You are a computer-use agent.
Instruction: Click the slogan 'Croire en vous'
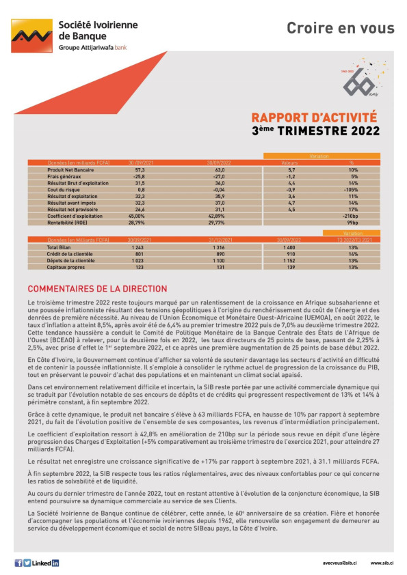pos(340,28)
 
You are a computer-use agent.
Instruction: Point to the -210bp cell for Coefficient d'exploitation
pos(352,216)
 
